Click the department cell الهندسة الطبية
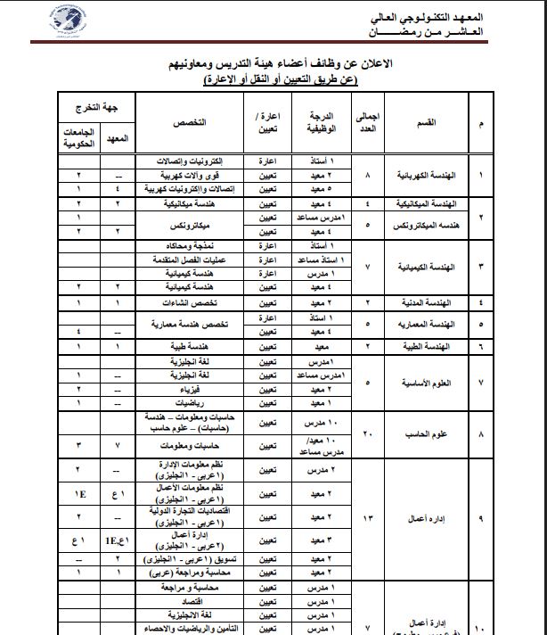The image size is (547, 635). pos(428,344)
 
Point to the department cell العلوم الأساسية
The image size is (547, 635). pos(426,383)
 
